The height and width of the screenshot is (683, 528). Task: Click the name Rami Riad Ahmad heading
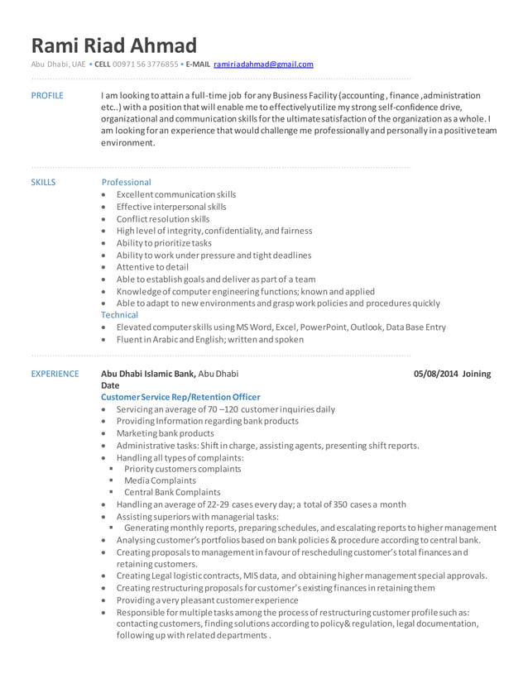pyautogui.click(x=114, y=45)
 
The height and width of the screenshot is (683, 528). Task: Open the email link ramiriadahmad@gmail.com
pyautogui.click(x=263, y=64)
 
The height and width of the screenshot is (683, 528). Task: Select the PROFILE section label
pyautogui.click(x=46, y=96)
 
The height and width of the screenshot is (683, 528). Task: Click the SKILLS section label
pyautogui.click(x=43, y=182)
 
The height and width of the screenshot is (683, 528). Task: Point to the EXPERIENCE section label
pyautogui.click(x=55, y=374)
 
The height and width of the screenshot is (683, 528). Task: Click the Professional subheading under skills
pyautogui.click(x=126, y=182)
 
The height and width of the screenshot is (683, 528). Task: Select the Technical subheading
pyautogui.click(x=119, y=315)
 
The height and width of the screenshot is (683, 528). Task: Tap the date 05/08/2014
pyautogui.click(x=435, y=374)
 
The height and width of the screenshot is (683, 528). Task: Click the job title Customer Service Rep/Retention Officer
pyautogui.click(x=180, y=397)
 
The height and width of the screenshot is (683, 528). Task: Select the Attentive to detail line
pyautogui.click(x=152, y=267)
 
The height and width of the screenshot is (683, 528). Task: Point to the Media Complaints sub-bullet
pyautogui.click(x=160, y=480)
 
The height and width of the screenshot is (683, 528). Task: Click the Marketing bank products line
pyautogui.click(x=165, y=433)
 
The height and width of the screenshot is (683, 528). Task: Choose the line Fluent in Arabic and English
pyautogui.click(x=209, y=339)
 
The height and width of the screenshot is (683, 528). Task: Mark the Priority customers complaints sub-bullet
pyautogui.click(x=182, y=469)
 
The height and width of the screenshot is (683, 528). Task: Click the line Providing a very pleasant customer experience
pyautogui.click(x=207, y=599)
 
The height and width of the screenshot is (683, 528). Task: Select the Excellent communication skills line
pyautogui.click(x=175, y=194)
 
